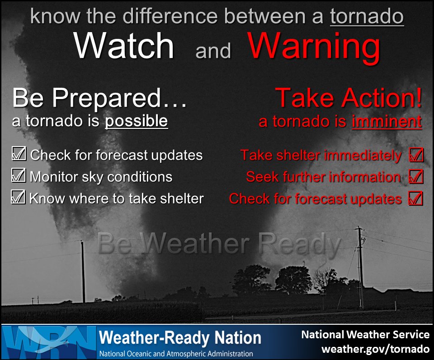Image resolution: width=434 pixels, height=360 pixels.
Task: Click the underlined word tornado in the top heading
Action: [367, 17]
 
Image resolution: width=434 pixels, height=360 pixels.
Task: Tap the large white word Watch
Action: [124, 46]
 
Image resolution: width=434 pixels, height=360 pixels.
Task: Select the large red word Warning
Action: [314, 47]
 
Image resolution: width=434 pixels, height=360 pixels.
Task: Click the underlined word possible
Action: [137, 121]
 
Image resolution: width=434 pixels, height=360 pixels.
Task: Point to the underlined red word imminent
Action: [387, 122]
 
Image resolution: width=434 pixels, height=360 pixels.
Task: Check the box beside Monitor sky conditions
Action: [19, 175]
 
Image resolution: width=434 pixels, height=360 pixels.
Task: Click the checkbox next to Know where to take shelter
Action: [19, 197]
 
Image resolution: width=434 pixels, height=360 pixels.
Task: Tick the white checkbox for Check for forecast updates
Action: [19, 154]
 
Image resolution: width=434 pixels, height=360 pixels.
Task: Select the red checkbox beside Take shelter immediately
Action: [415, 155]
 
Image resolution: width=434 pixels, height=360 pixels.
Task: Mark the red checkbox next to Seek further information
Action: [415, 176]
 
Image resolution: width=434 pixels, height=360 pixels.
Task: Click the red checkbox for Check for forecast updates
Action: [415, 198]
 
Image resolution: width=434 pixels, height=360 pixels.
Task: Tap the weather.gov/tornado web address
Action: [375, 349]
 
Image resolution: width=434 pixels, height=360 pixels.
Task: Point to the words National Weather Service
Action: [365, 335]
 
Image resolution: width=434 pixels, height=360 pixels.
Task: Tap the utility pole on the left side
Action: [83, 271]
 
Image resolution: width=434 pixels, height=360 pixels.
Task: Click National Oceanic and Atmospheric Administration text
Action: [176, 353]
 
